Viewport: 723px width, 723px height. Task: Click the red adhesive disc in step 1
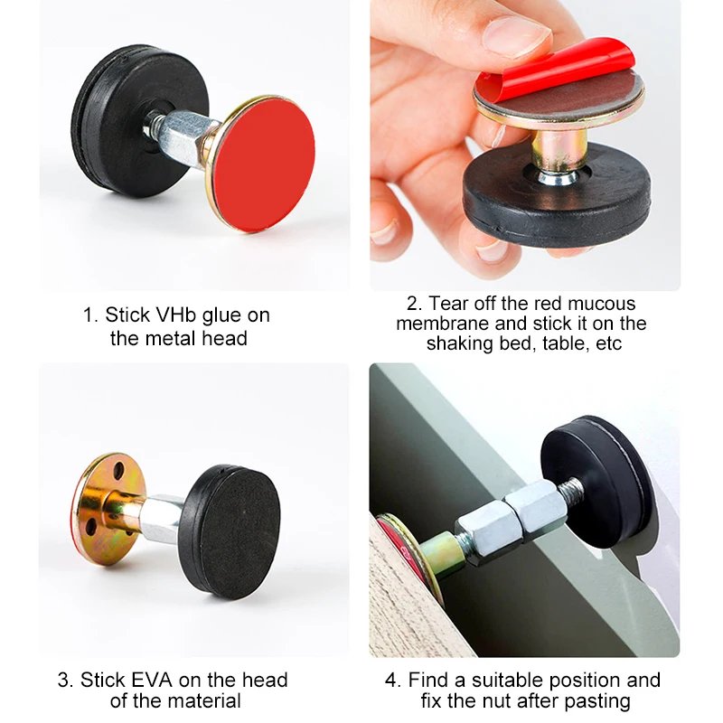click(264, 164)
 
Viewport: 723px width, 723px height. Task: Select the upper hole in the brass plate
click(119, 471)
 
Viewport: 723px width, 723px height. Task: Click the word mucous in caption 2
click(601, 304)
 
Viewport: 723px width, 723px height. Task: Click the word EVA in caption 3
click(152, 681)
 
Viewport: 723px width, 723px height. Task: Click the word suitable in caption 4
click(507, 681)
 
